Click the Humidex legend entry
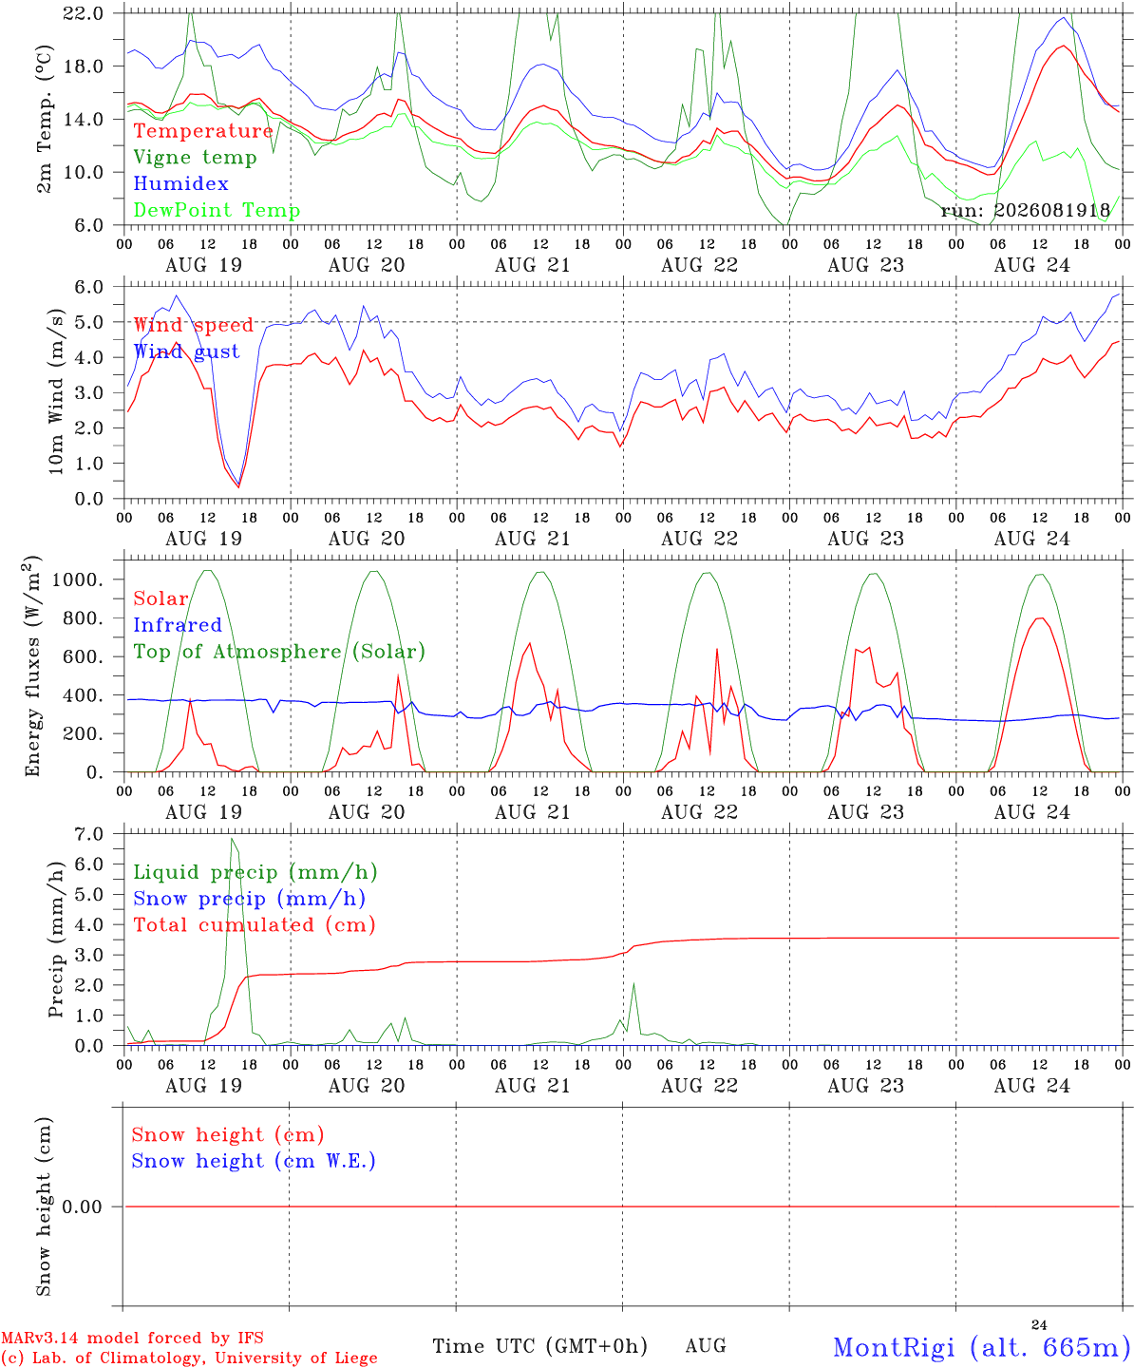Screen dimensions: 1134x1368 (x=180, y=183)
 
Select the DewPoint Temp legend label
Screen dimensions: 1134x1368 (x=217, y=210)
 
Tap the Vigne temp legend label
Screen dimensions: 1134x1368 (x=196, y=158)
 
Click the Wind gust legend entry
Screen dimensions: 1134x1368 (x=187, y=351)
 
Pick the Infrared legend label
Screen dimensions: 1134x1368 (x=178, y=625)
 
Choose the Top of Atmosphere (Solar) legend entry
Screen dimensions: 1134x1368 (x=280, y=652)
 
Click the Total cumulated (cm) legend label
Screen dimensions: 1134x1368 (x=255, y=925)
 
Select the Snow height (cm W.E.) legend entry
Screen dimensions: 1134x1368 (x=254, y=1161)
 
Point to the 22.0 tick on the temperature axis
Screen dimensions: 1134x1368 (x=84, y=13)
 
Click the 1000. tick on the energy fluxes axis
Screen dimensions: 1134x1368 (x=78, y=579)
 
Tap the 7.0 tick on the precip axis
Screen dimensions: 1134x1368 (x=89, y=834)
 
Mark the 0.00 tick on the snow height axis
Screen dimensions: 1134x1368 (x=82, y=1206)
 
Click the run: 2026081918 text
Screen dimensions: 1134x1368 (x=1026, y=210)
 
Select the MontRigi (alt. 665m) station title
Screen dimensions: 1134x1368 (x=983, y=1347)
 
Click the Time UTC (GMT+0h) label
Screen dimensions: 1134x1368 (x=539, y=1346)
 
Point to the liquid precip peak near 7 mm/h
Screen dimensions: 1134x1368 (x=232, y=839)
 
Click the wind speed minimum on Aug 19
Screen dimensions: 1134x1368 (x=238, y=486)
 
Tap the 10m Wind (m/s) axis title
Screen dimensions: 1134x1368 (x=56, y=391)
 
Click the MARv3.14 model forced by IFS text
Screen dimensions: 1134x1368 (x=132, y=1338)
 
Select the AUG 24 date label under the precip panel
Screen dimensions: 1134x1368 (x=1031, y=1086)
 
